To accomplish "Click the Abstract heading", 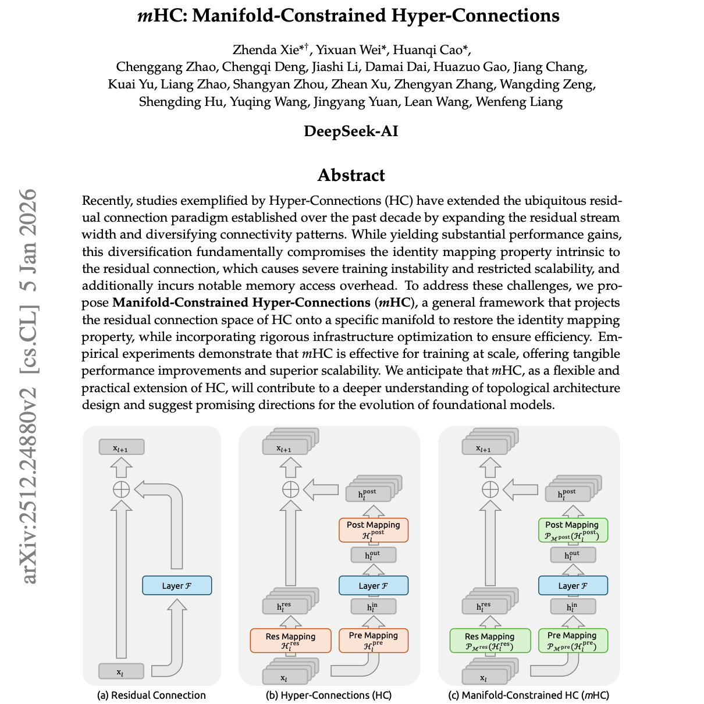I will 351,175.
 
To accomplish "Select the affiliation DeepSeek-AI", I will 351,131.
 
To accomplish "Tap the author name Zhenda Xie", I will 261,49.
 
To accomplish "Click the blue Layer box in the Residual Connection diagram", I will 177,585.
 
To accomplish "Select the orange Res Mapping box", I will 290,640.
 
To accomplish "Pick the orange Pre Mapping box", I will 374,640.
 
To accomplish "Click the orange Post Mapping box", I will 374,529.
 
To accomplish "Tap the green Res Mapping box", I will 490,640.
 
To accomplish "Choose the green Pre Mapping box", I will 572,640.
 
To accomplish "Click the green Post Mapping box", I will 572,529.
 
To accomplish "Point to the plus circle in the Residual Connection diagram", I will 121,489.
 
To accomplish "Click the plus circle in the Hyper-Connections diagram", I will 290,489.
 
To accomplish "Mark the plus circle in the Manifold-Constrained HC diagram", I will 490,489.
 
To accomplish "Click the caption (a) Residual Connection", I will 151,695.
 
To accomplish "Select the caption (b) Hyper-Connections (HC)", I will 329,695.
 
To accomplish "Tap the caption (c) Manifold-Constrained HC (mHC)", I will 528,695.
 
